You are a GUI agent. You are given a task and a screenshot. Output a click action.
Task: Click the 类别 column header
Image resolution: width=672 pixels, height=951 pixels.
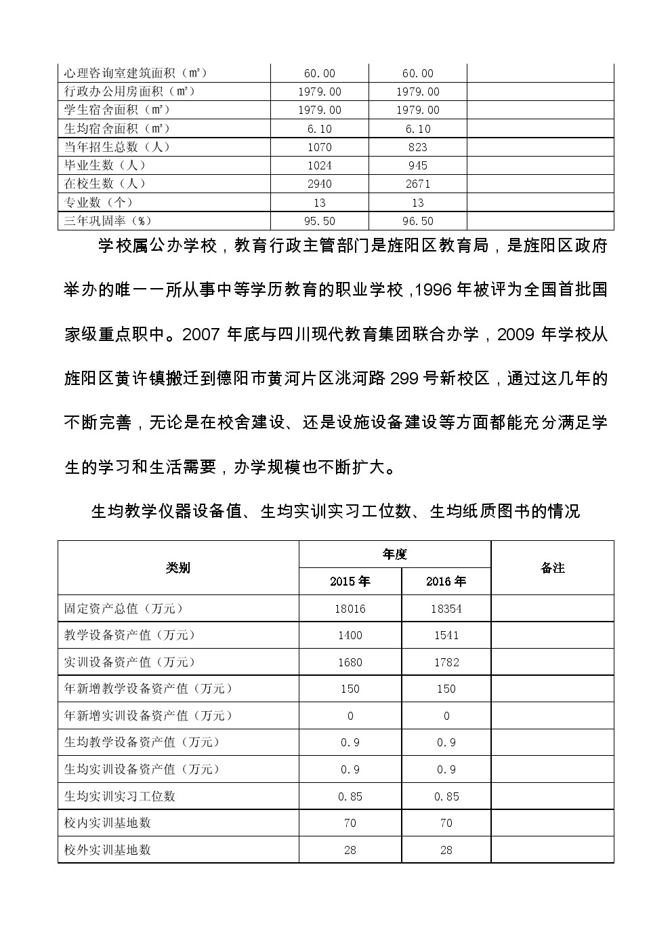(178, 568)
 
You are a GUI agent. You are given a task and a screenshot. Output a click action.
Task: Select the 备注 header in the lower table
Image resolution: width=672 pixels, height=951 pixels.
(553, 568)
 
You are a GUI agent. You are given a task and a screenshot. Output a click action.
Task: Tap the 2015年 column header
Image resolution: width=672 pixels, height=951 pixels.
(350, 582)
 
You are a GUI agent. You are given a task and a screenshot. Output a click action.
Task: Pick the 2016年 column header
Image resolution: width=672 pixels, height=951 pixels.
(446, 582)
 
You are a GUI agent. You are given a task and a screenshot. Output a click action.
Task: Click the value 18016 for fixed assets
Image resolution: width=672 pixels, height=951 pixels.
(350, 609)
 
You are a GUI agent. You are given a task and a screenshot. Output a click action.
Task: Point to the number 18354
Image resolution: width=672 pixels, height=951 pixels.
(446, 609)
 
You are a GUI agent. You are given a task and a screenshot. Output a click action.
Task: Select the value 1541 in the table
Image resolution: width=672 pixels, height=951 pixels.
(446, 635)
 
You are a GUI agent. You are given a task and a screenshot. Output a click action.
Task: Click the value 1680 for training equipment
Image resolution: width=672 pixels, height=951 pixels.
(350, 662)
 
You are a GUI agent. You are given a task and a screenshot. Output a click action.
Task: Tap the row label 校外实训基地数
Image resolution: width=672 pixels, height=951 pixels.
(108, 849)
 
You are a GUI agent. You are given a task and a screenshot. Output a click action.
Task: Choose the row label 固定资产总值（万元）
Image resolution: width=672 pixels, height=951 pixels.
(123, 609)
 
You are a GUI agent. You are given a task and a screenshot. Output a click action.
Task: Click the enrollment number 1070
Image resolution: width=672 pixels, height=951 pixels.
(320, 147)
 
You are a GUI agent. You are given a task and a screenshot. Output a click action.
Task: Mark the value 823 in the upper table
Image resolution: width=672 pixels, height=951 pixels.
(418, 147)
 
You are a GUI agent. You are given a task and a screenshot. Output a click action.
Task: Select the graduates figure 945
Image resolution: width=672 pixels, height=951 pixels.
(418, 165)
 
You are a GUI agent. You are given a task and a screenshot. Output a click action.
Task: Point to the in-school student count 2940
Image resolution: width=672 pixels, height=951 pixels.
(320, 184)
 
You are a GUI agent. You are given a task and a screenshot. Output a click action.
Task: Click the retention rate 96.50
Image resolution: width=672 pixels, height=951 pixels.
(418, 221)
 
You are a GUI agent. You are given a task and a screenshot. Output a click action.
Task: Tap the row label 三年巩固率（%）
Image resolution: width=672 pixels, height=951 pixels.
(107, 221)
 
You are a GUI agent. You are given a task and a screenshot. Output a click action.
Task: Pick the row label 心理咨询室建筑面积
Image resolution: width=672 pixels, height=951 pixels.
(135, 73)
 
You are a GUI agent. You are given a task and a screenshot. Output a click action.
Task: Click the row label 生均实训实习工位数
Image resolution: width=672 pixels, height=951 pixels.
(120, 796)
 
